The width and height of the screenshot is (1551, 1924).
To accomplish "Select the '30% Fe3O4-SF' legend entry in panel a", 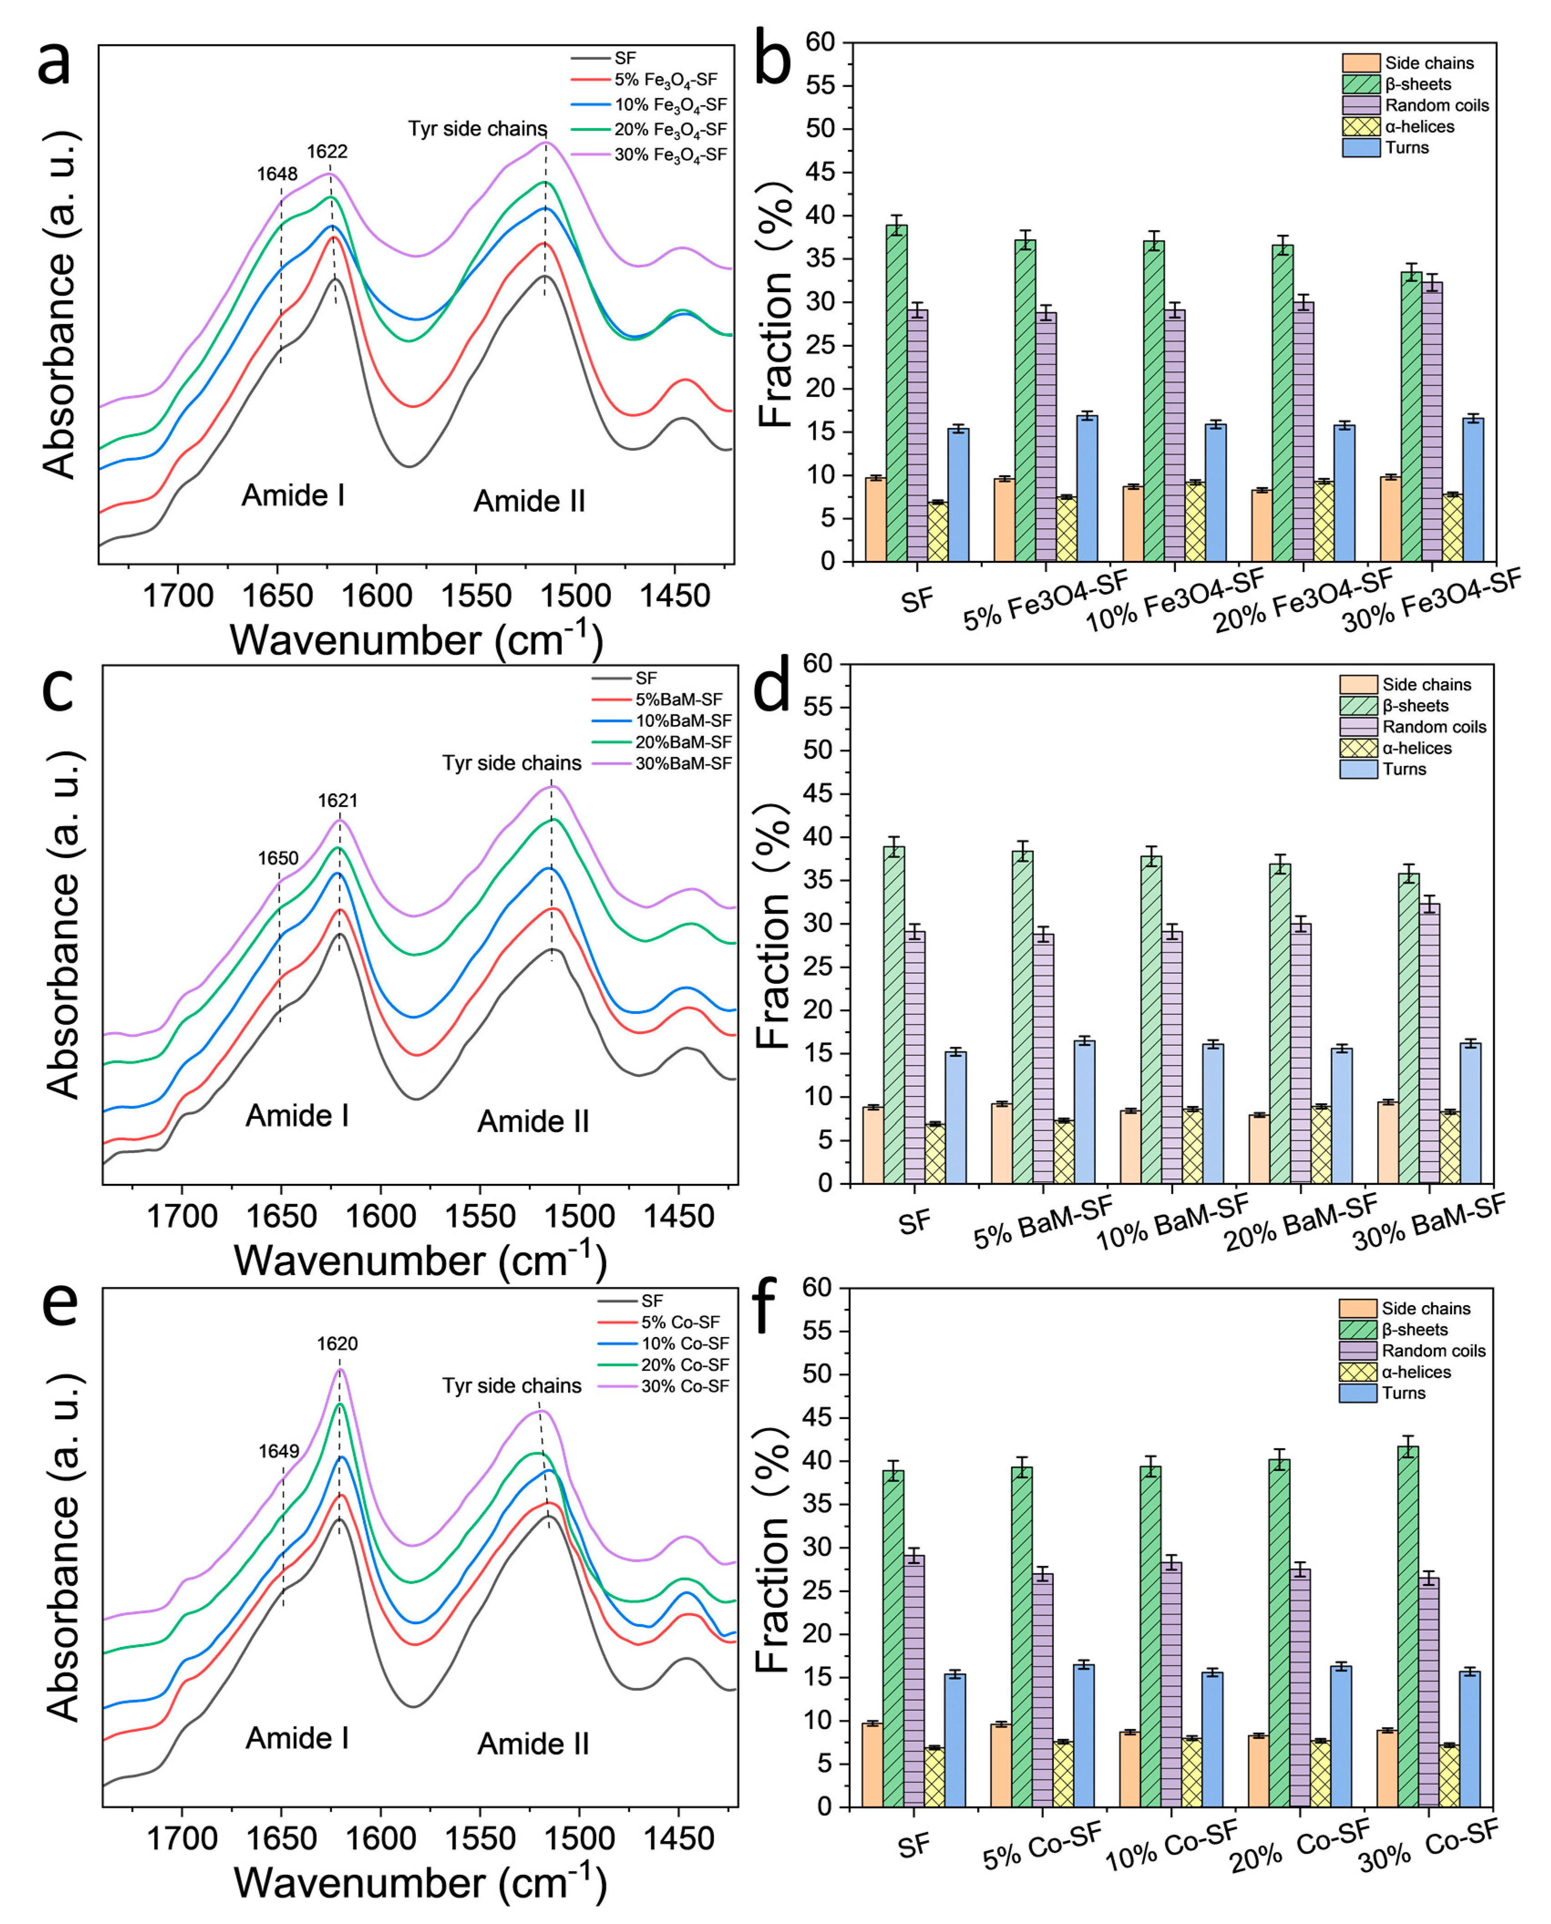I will [x=670, y=154].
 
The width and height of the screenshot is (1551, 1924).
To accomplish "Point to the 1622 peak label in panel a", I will [x=327, y=152].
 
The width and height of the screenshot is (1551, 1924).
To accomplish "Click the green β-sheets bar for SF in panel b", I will [x=896, y=393].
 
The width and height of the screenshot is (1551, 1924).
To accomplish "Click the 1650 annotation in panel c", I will [x=278, y=858].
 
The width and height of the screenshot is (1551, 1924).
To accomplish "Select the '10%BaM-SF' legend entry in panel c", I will [x=683, y=720].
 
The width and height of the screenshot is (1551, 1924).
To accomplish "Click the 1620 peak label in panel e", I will [x=337, y=1343].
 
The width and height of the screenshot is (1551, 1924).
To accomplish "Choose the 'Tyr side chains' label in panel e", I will [x=512, y=1385].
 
